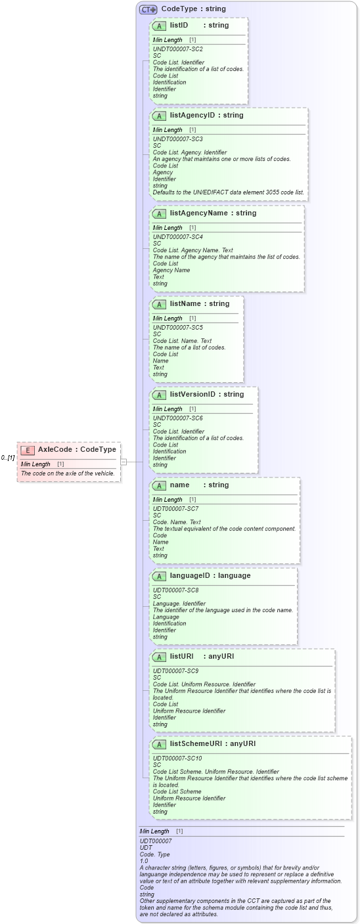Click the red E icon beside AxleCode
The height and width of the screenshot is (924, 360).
[x=28, y=450]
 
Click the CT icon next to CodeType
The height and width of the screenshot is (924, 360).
[x=148, y=9]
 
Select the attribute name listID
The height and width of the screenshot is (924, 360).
[x=179, y=26]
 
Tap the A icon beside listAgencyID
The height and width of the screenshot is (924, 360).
[x=159, y=116]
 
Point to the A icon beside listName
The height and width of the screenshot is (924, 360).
[x=159, y=304]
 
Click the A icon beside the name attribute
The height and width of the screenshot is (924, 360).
[x=159, y=485]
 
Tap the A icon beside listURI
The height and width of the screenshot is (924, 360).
[x=159, y=657]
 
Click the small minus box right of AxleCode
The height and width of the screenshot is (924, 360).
[x=124, y=462]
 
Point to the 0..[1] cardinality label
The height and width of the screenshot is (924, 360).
[x=8, y=458]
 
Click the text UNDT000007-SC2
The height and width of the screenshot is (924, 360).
[x=177, y=49]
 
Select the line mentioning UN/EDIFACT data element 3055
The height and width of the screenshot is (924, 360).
[x=229, y=192]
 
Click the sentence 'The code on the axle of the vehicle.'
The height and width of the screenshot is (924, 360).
[x=68, y=473]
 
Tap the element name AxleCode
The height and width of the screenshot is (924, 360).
[x=55, y=450]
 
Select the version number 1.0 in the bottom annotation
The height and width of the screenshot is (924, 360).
[x=144, y=861]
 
